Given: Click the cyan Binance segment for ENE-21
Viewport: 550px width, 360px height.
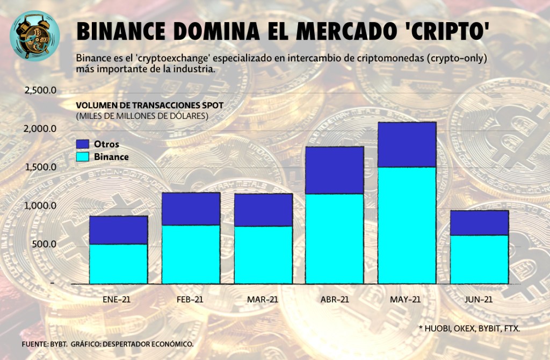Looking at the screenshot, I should click(118, 263).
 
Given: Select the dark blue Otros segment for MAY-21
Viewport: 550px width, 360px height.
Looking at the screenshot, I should click(407, 145).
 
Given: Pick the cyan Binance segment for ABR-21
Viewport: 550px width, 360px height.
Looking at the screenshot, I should click(335, 238).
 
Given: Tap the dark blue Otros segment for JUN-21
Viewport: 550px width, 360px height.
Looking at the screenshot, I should click(479, 222).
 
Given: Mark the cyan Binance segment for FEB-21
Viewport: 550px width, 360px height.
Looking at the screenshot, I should click(191, 254).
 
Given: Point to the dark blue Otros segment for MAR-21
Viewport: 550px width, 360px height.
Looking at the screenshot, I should click(263, 210).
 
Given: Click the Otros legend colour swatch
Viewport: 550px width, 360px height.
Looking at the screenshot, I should click(83, 145).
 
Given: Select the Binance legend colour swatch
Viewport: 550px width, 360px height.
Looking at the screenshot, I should click(83, 157).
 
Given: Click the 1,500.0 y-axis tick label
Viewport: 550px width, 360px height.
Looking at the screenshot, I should click(41, 167).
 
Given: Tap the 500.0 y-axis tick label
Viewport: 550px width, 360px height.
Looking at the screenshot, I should click(46, 244).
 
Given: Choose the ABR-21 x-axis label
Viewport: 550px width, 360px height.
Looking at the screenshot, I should click(334, 300).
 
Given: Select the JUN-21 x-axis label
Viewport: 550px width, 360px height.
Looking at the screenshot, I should click(479, 300).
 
